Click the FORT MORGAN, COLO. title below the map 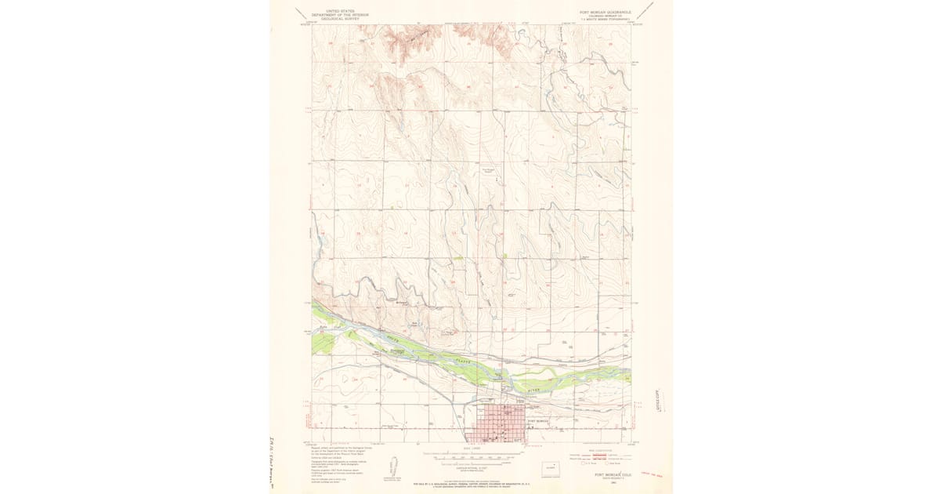tap(611, 474)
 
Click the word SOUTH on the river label tap(392, 340)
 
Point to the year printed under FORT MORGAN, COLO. tap(611, 481)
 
